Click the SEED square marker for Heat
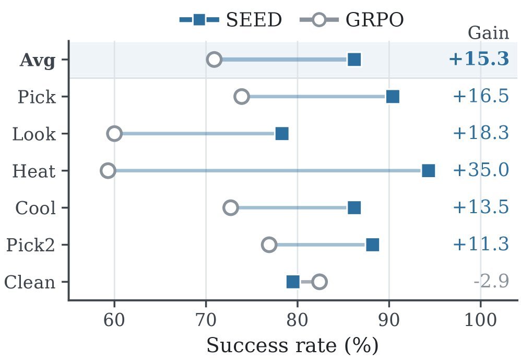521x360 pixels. [428, 171]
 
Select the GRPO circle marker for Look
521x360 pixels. [115, 134]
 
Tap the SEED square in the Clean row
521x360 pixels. [293, 282]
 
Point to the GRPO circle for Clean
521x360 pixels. [319, 282]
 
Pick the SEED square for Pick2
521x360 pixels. [372, 245]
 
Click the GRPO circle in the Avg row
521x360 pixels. [215, 60]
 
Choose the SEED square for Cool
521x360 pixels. [354, 208]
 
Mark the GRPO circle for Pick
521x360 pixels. [242, 97]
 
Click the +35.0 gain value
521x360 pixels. [481, 170]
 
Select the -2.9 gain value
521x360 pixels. [491, 282]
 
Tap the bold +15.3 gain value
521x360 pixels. [479, 59]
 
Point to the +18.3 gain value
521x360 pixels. [481, 133]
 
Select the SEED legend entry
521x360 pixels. [231, 20]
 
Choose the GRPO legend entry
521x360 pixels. [352, 20]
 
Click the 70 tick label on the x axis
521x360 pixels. [206, 320]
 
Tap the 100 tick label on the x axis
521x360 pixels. [480, 320]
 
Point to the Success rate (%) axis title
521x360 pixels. [292, 346]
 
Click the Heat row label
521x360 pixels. [34, 171]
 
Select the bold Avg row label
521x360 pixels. [38, 61]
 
